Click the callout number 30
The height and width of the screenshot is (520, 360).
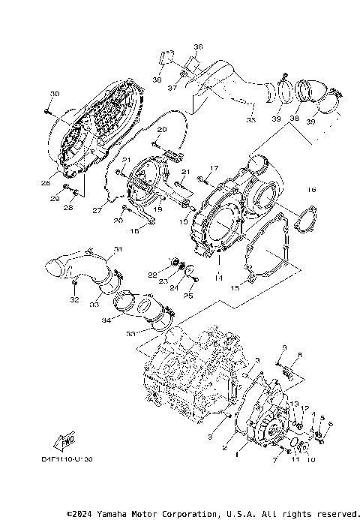tap(54, 93)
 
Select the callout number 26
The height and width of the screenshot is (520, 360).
tap(46, 182)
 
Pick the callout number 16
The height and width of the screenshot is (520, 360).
tap(312, 191)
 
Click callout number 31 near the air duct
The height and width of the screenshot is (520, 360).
tap(118, 249)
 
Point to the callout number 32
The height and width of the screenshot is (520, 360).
tap(74, 299)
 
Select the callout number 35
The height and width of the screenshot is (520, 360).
tap(250, 120)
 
